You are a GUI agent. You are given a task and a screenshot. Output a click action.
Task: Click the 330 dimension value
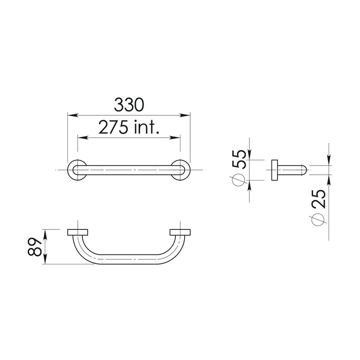[129, 105]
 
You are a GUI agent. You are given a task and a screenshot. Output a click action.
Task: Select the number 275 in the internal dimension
[113, 127]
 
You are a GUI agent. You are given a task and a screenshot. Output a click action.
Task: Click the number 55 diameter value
[239, 159]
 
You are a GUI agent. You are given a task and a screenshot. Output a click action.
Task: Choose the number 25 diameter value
[318, 199]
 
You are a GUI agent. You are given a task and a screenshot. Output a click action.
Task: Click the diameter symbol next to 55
[239, 179]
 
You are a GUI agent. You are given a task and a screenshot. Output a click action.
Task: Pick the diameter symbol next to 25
[318, 220]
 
